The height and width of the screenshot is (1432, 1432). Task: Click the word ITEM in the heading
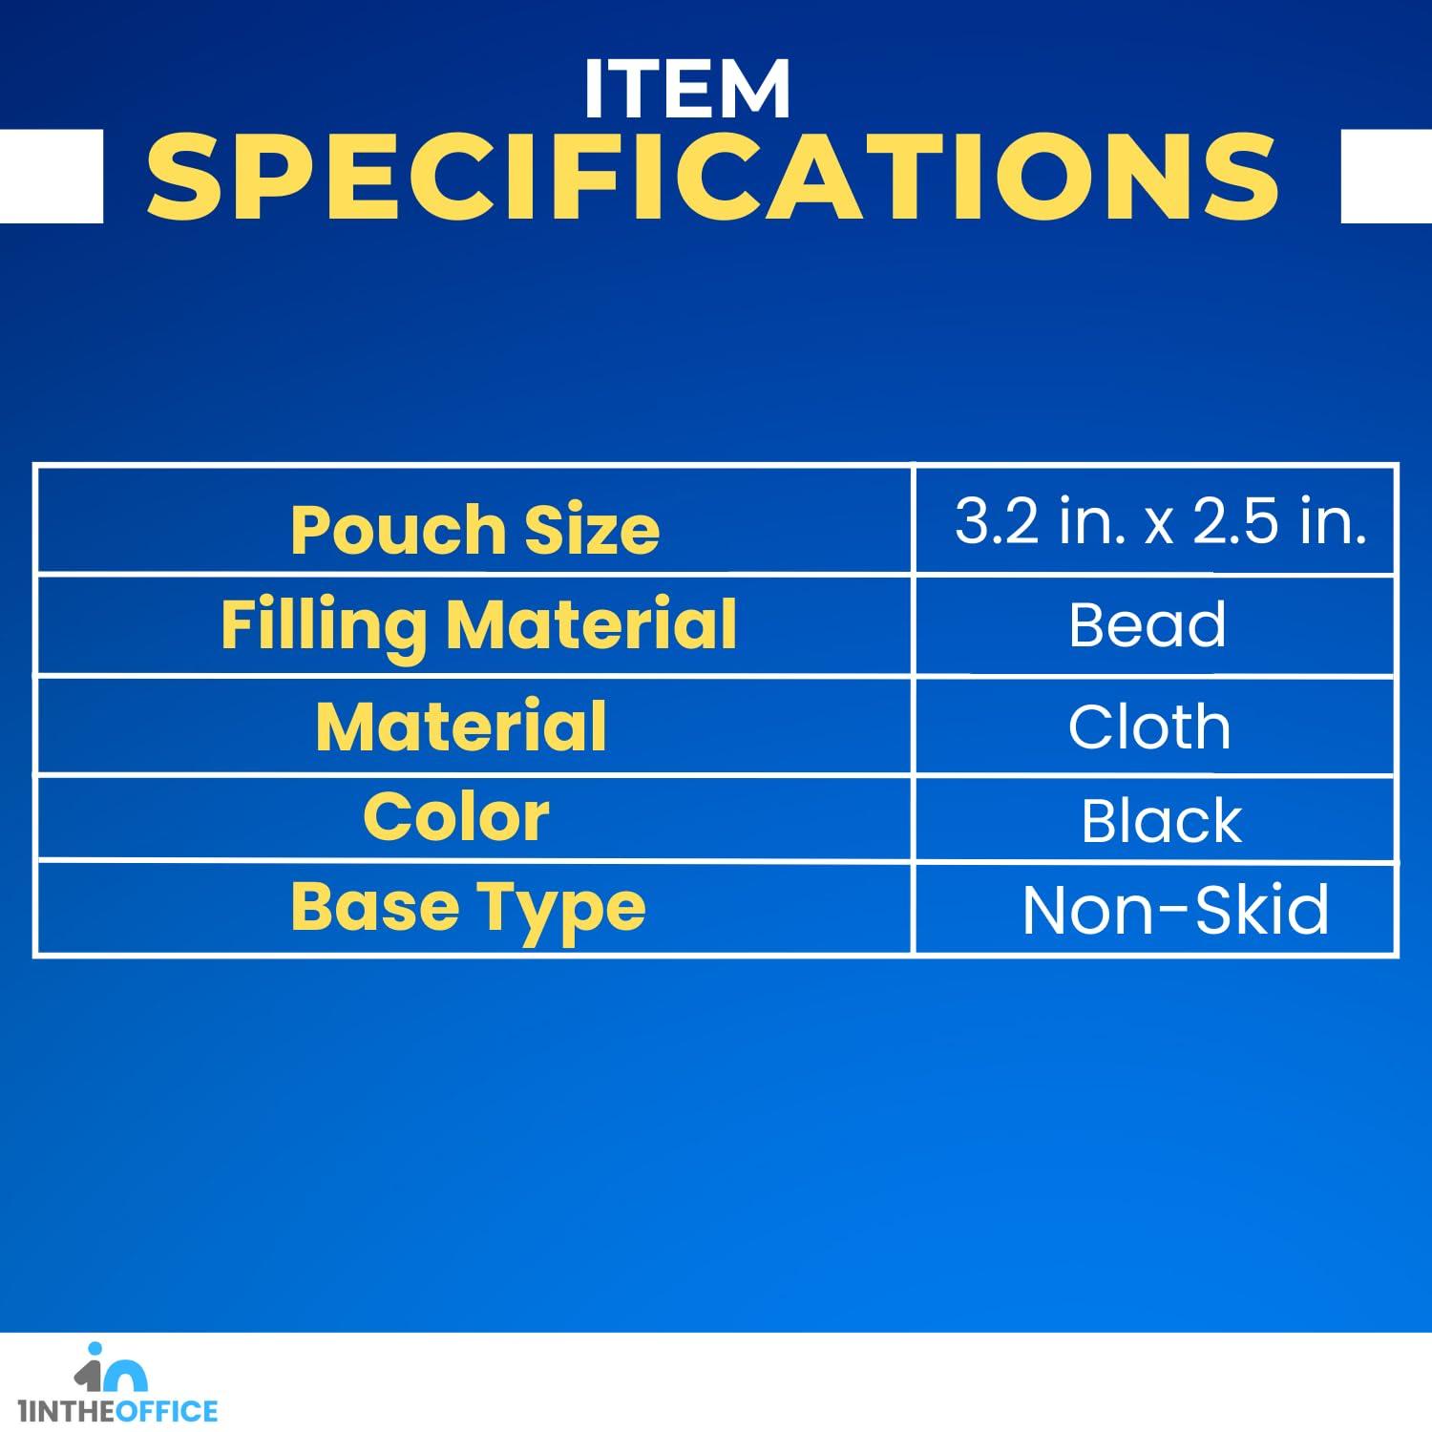[687, 90]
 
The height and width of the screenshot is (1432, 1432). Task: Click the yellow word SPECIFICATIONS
[713, 177]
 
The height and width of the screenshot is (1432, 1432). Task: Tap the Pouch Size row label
[474, 530]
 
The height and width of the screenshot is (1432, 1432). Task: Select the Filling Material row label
[478, 625]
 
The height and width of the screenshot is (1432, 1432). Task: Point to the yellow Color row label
[456, 818]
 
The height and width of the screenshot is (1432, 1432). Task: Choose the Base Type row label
[468, 909]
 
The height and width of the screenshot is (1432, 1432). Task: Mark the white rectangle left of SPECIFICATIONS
[52, 176]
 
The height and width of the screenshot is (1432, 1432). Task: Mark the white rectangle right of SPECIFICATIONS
[1386, 176]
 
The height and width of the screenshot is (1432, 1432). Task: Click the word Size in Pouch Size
[592, 530]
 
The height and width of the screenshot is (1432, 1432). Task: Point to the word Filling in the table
[325, 625]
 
